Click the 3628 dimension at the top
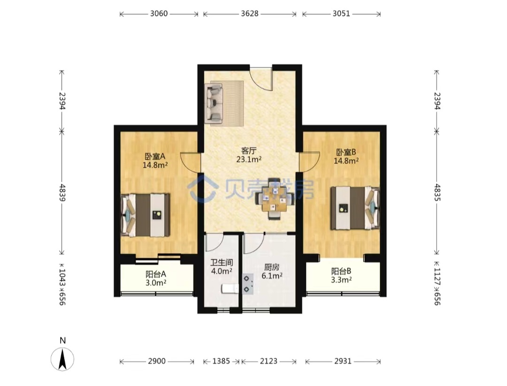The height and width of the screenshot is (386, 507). (x=250, y=14)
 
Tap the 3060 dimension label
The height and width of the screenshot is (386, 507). (x=159, y=14)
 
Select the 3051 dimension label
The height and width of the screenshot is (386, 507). (x=341, y=14)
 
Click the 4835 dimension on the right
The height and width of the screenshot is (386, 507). (x=437, y=192)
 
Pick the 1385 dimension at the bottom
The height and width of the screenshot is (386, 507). (x=221, y=361)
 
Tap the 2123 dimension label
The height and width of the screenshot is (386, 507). (x=269, y=361)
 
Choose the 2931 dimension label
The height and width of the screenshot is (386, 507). (x=342, y=361)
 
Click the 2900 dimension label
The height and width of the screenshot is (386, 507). (x=157, y=361)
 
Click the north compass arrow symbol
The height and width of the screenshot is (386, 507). (x=62, y=359)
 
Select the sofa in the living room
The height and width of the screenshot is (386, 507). (x=214, y=103)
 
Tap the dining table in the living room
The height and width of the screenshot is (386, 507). (x=274, y=199)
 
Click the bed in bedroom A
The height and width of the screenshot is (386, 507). (x=145, y=215)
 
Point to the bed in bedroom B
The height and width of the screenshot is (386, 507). (x=355, y=208)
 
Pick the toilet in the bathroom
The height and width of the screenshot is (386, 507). (x=230, y=289)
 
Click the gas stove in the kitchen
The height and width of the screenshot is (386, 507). (x=248, y=284)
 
